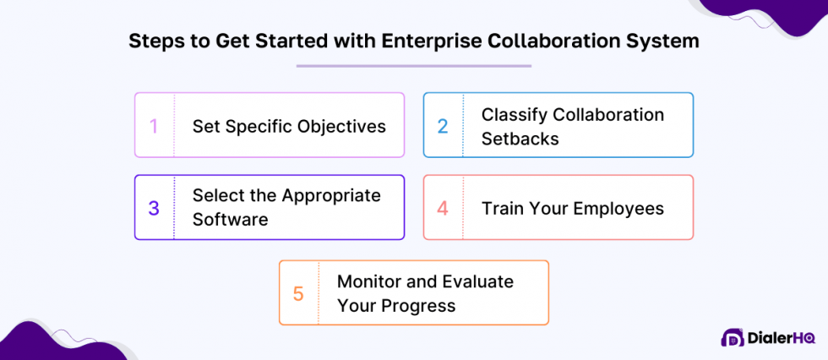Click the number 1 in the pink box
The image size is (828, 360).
pyautogui.click(x=154, y=126)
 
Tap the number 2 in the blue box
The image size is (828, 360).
pyautogui.click(x=442, y=126)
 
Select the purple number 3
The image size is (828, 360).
pyautogui.click(x=154, y=208)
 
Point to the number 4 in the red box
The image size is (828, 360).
pyautogui.click(x=443, y=208)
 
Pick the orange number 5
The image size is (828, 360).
pyautogui.click(x=298, y=293)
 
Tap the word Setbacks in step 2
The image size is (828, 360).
pyautogui.click(x=520, y=139)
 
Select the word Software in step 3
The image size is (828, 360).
pyautogui.click(x=230, y=220)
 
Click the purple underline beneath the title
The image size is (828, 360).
pyautogui.click(x=413, y=65)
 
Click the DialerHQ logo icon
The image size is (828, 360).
pyautogui.click(x=733, y=337)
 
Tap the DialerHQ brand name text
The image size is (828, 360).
pyautogui.click(x=782, y=337)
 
